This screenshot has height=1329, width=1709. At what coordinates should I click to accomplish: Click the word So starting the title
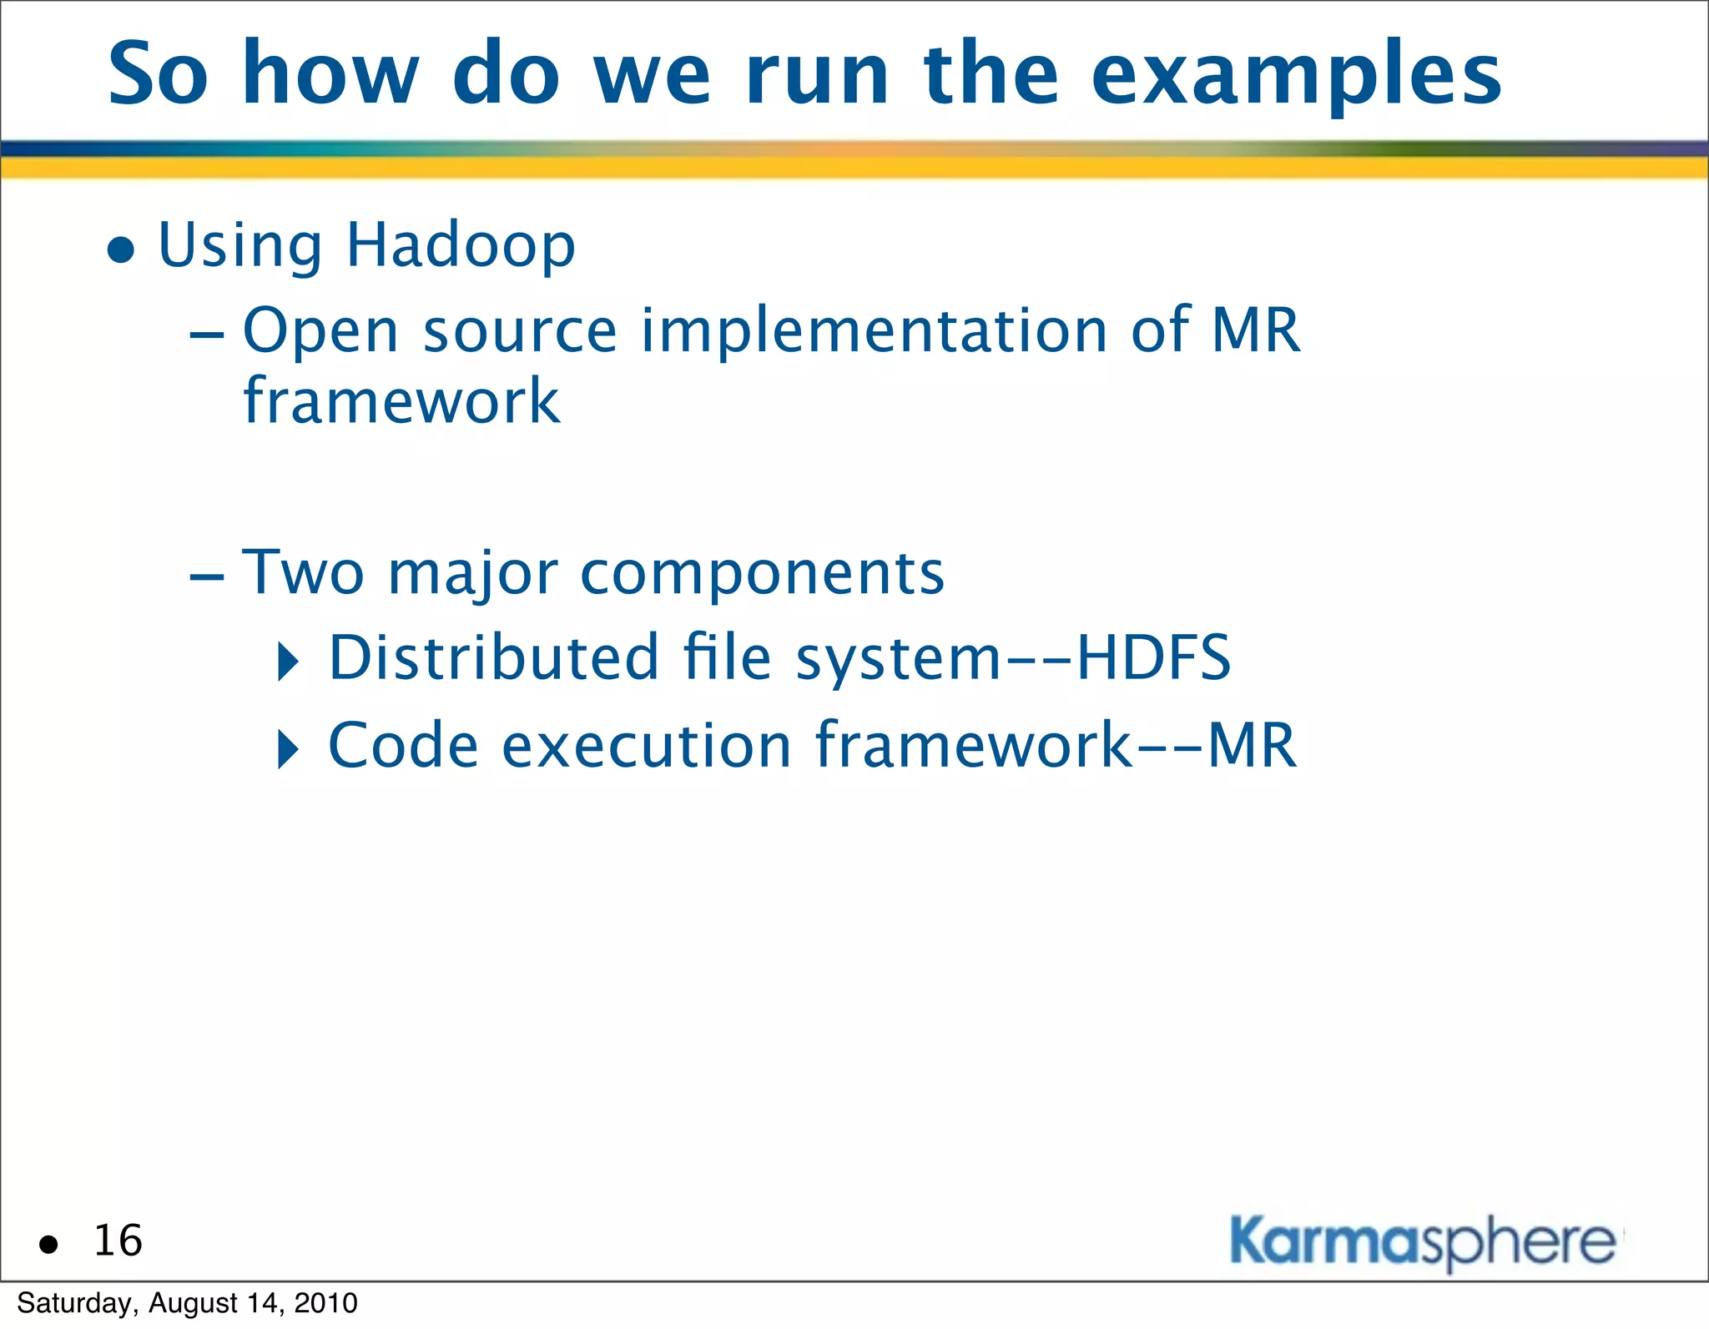click(x=158, y=75)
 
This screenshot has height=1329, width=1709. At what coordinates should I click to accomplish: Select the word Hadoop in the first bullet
click(x=460, y=246)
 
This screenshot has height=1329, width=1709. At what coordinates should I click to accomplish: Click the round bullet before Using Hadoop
click(x=122, y=249)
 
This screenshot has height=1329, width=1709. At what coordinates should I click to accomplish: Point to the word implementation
click(x=874, y=330)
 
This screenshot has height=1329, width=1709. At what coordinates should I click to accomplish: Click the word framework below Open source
click(x=401, y=401)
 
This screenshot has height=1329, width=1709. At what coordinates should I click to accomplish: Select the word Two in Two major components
click(x=303, y=573)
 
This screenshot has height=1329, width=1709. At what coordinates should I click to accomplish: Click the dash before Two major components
click(x=207, y=577)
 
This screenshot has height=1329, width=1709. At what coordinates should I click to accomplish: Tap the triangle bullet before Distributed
click(x=288, y=662)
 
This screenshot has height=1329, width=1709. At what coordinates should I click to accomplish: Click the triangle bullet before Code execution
click(x=288, y=749)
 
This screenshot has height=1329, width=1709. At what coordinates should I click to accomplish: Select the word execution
click(x=646, y=745)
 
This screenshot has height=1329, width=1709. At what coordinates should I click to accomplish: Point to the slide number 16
click(x=118, y=1241)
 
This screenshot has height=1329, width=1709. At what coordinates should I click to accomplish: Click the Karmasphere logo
click(x=1424, y=1243)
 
